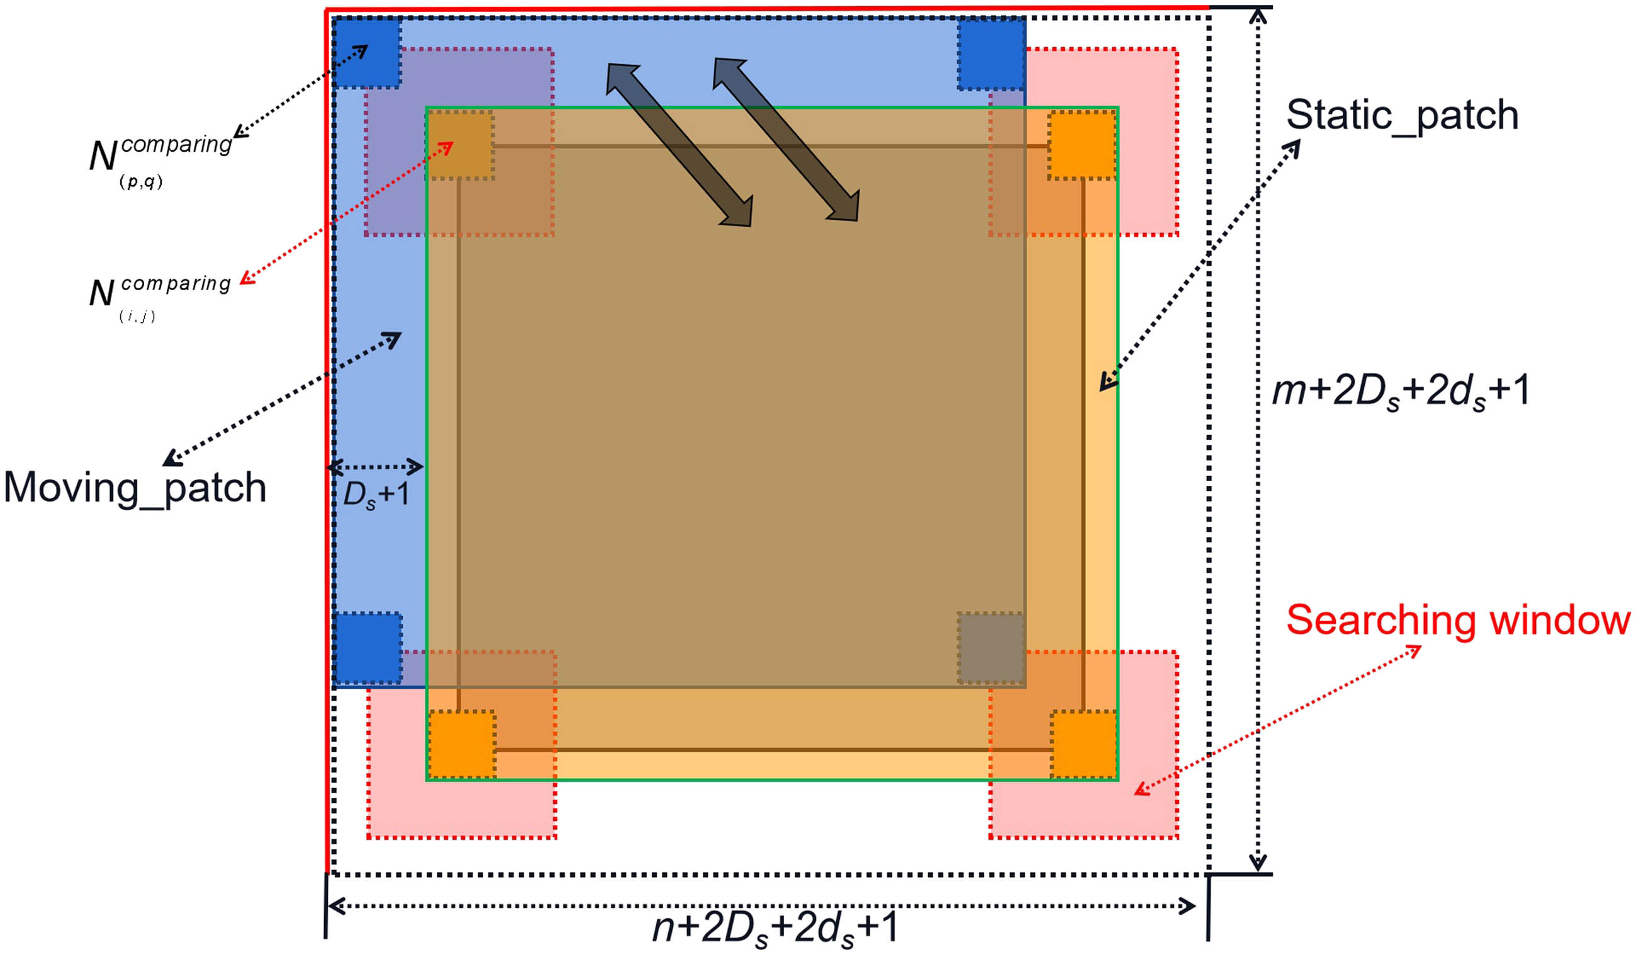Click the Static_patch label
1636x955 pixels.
(1403, 116)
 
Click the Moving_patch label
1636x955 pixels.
(135, 488)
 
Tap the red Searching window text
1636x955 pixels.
(1458, 621)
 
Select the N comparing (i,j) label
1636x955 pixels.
(159, 296)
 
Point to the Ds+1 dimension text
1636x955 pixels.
(376, 495)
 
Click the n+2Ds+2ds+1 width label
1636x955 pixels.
(775, 928)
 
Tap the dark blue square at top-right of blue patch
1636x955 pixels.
(991, 54)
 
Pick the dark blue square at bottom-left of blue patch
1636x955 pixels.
(367, 648)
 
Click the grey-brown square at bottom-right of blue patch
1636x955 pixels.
(991, 648)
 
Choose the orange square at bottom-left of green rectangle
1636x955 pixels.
(462, 744)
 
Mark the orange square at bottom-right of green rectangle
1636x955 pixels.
(1084, 744)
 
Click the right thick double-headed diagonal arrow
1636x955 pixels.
(786, 140)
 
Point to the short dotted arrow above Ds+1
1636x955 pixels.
(375, 466)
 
